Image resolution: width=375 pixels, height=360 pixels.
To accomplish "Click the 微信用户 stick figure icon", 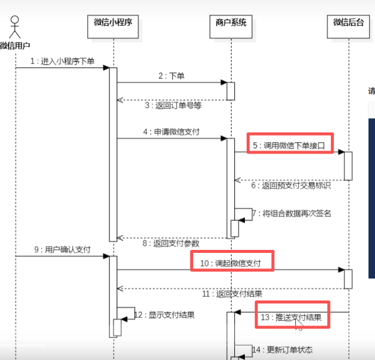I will pyautogui.click(x=15, y=27).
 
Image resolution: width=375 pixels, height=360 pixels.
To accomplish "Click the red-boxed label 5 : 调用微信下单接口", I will pyautogui.click(x=290, y=145).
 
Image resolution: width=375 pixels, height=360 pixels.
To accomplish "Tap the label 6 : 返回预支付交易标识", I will pyautogui.click(x=291, y=186).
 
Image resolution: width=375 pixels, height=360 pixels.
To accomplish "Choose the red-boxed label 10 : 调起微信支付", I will pyautogui.click(x=232, y=262).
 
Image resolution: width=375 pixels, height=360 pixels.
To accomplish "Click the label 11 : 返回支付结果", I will pyautogui.click(x=232, y=293).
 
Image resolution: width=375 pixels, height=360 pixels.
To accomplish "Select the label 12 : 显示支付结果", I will pyautogui.click(x=164, y=315).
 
